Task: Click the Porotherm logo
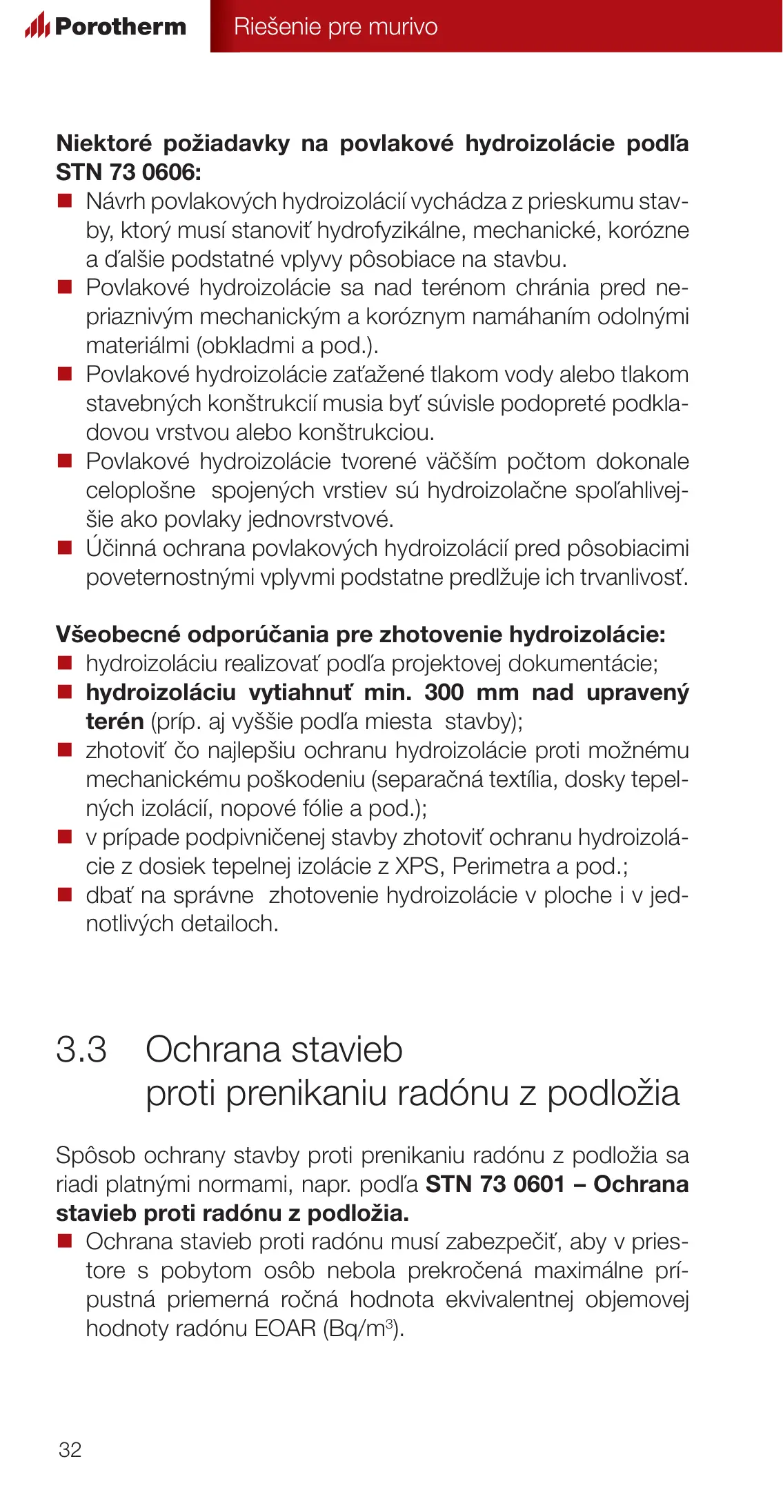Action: tap(106, 26)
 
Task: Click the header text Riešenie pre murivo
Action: tap(335, 26)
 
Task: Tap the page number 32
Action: tap(70, 1449)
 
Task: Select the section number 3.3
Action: tap(81, 1049)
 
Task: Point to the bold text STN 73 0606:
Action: tap(128, 172)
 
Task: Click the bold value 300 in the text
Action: tap(444, 692)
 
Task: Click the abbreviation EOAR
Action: tap(285, 1328)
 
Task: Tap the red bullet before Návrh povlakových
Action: tap(65, 201)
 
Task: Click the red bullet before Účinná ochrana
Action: tap(65, 548)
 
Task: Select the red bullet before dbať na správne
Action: tap(65, 895)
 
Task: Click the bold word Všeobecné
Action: tap(118, 634)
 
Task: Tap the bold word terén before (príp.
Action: tap(115, 721)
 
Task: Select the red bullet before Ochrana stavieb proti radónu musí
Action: tap(65, 1242)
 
